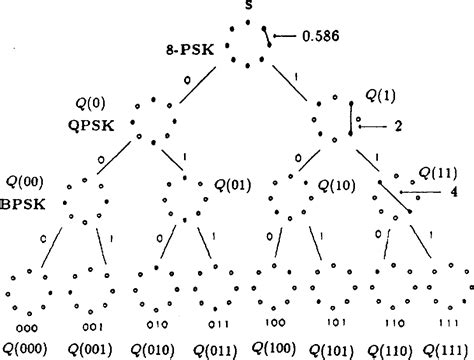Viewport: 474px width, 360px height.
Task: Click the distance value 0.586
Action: pos(321,37)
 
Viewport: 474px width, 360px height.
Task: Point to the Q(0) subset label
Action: pos(92,102)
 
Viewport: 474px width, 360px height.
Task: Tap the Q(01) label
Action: pos(233,184)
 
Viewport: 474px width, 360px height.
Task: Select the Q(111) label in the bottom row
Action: pos(446,349)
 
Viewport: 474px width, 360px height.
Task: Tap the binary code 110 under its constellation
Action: pos(384,325)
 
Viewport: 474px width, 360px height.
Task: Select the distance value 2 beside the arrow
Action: pos(398,126)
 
